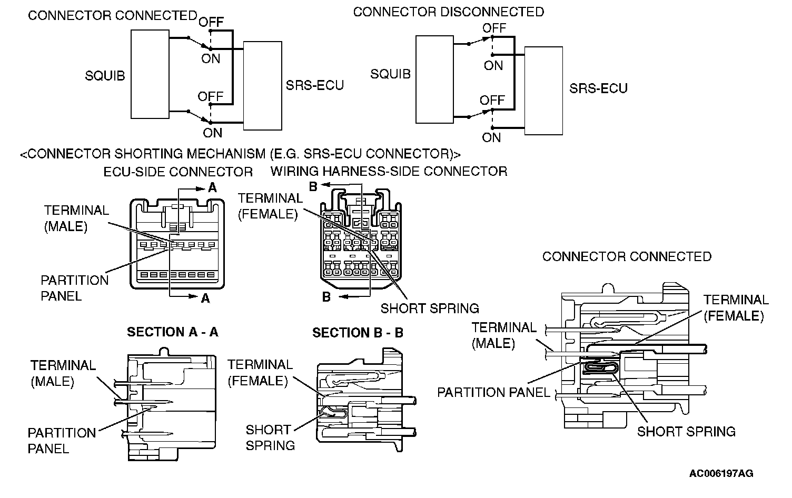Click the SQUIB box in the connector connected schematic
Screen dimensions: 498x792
(150, 74)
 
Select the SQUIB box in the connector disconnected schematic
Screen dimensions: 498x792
(434, 79)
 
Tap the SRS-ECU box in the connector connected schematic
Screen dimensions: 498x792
(262, 85)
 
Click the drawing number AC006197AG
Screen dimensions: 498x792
(721, 473)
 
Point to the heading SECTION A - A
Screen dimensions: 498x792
(172, 332)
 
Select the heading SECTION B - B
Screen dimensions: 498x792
(358, 333)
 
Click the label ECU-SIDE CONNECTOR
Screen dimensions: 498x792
(178, 172)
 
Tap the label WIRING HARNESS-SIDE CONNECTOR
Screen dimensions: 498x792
(389, 171)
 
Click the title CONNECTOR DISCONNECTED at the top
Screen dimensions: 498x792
(448, 12)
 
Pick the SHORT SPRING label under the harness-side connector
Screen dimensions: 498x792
(430, 308)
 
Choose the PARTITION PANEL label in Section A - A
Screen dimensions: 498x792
(62, 441)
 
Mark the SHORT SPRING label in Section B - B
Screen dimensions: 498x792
(270, 437)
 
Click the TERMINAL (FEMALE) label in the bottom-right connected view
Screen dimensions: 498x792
(736, 308)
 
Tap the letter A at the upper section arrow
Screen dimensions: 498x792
(212, 188)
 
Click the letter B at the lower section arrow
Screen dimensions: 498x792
(326, 297)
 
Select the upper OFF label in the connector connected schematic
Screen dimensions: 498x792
(211, 22)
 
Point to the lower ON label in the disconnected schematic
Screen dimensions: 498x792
(491, 138)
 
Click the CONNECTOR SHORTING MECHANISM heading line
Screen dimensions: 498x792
(240, 154)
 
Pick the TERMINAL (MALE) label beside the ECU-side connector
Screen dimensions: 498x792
(76, 218)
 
